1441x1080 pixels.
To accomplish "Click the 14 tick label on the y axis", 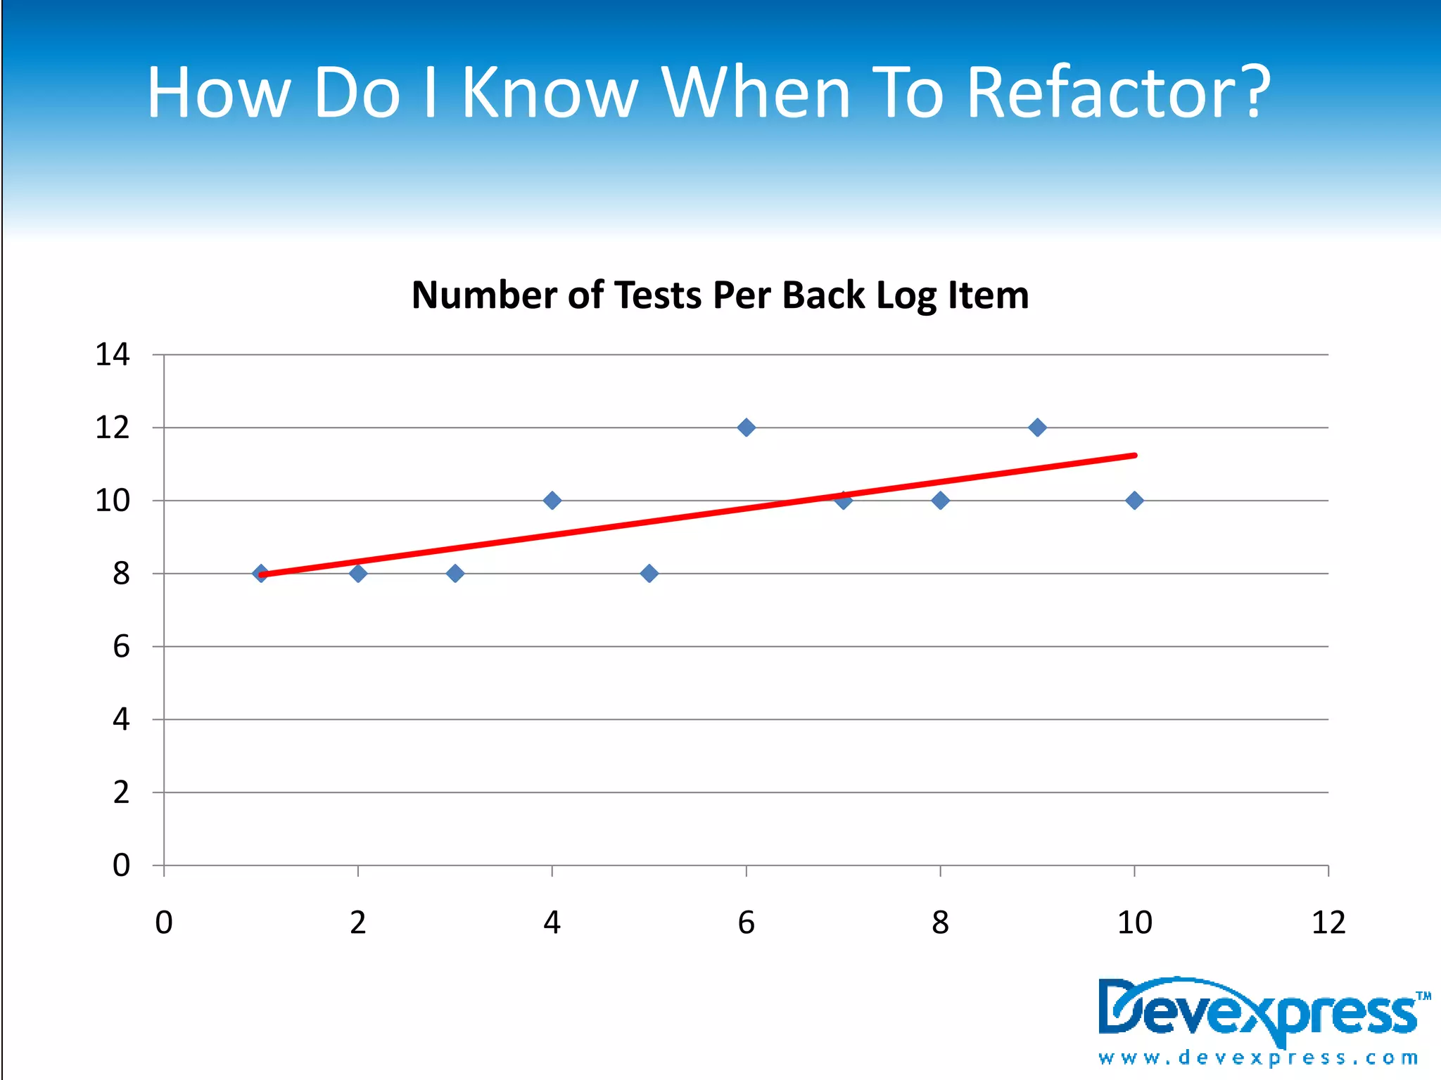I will (x=113, y=354).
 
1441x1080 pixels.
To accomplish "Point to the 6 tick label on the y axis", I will (x=121, y=646).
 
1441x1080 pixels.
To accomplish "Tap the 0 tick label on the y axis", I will (x=121, y=866).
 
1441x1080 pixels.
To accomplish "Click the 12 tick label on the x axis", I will (x=1328, y=922).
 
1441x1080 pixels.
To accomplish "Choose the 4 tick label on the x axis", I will (x=552, y=922).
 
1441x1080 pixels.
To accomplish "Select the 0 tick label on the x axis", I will (x=164, y=922).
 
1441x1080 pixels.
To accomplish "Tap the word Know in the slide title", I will (x=550, y=92).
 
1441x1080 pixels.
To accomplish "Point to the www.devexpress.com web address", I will (x=1258, y=1057).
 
